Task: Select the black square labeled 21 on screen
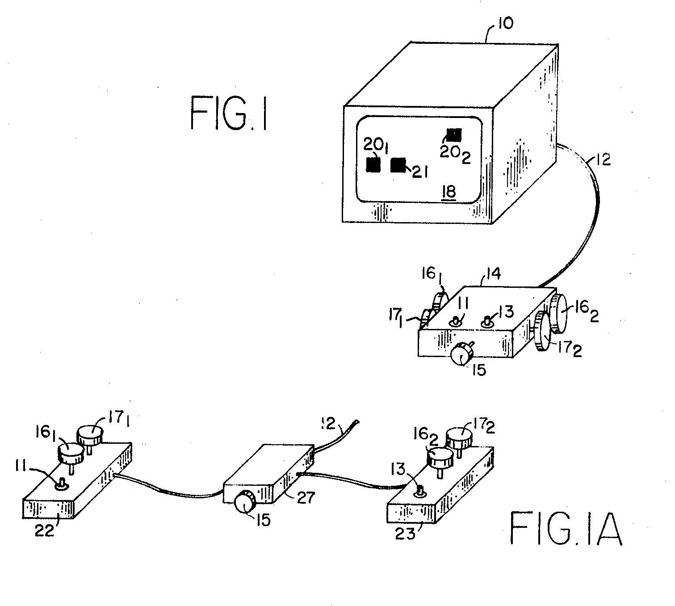pos(398,165)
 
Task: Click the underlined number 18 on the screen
pos(449,193)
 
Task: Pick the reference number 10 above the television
pos(505,23)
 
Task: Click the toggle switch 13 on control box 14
pos(486,322)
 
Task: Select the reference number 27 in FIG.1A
pos(306,498)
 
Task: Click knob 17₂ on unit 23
pos(459,440)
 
